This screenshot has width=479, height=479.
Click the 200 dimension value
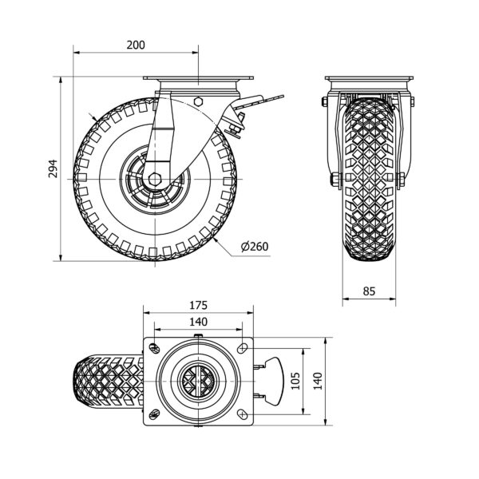click(x=136, y=46)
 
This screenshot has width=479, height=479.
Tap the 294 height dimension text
click(x=53, y=168)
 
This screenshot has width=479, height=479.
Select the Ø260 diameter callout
click(x=255, y=247)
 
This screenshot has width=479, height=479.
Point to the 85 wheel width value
click(x=369, y=291)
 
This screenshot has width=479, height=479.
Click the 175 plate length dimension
click(x=199, y=305)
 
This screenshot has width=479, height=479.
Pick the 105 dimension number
click(x=295, y=381)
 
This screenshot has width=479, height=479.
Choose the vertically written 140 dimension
click(x=318, y=381)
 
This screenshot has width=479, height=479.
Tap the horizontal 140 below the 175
click(x=199, y=322)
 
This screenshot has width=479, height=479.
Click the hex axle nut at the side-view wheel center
click(x=155, y=180)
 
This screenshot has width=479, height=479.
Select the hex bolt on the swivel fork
click(x=198, y=101)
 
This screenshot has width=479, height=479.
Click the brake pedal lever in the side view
click(x=259, y=102)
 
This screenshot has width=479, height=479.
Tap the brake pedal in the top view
click(x=273, y=381)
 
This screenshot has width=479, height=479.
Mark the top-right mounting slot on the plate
click(x=243, y=348)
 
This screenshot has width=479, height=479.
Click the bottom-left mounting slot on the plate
click(x=155, y=414)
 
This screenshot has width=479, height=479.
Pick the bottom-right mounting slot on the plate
click(x=243, y=414)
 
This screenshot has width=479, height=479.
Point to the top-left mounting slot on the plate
click(x=155, y=348)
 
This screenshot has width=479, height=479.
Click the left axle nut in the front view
click(x=336, y=180)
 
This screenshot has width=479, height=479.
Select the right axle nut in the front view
click(x=401, y=180)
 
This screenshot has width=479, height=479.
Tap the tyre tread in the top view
click(x=109, y=381)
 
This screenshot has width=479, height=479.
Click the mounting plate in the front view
click(x=369, y=78)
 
